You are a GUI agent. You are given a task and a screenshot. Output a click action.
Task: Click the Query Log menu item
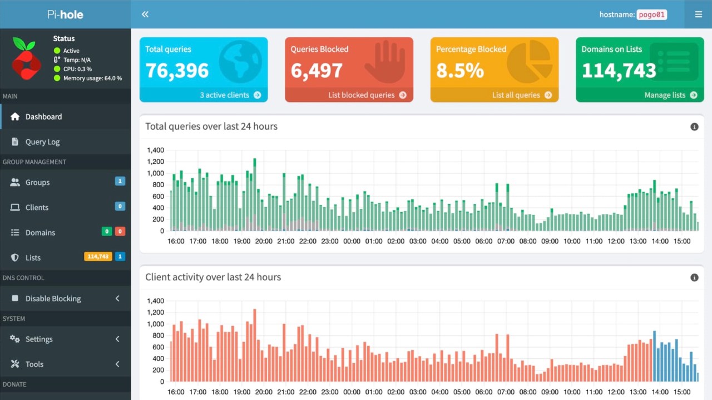(42, 142)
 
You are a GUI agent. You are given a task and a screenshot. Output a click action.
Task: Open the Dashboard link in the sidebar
(43, 117)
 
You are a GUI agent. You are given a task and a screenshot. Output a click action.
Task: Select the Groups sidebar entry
(37, 183)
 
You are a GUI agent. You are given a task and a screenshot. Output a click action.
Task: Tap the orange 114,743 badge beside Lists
(97, 257)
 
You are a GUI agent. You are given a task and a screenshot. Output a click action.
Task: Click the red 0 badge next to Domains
(120, 232)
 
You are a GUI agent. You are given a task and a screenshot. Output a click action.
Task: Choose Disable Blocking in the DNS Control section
(53, 299)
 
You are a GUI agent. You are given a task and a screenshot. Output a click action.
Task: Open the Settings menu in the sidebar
(39, 339)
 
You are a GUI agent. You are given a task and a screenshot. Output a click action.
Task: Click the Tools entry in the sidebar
(34, 364)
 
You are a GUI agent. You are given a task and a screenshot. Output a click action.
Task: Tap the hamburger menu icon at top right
(698, 14)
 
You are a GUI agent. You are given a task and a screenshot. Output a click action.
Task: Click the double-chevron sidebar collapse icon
(145, 14)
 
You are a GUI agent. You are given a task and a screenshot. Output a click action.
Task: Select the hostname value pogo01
(651, 15)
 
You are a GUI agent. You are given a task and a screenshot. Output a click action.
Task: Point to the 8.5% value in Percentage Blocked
(459, 71)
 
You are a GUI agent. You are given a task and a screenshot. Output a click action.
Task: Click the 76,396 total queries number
(177, 71)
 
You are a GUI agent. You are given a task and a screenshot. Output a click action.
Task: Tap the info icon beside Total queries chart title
(694, 127)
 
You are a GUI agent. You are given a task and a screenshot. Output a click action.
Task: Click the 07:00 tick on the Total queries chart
(506, 241)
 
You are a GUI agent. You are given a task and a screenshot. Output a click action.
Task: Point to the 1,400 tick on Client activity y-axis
(155, 301)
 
